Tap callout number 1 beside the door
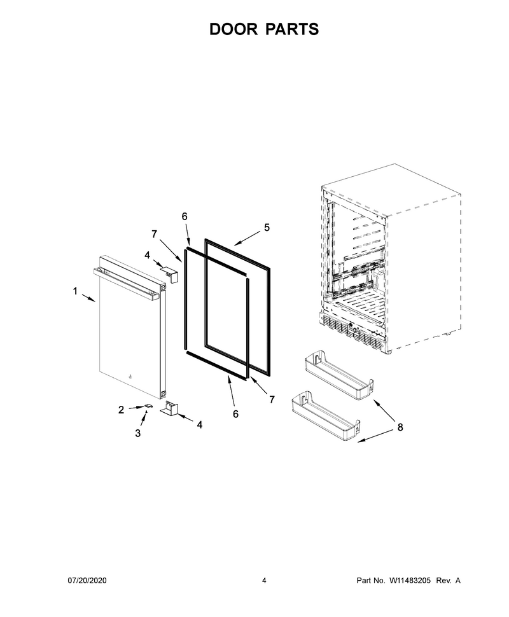[x=75, y=291]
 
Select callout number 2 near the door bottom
[x=122, y=410]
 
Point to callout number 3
[x=138, y=433]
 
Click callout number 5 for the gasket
[x=267, y=228]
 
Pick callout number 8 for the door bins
[x=400, y=427]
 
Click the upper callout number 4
[x=147, y=255]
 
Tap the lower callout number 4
[x=200, y=425]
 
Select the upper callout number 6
[x=185, y=216]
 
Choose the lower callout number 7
[x=272, y=399]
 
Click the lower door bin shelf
[x=326, y=417]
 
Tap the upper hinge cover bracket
[x=169, y=274]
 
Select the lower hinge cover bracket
[x=170, y=408]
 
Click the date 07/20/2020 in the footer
[x=87, y=580]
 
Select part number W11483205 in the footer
[x=410, y=580]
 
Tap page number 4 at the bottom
[x=264, y=580]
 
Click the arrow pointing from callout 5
[x=248, y=239]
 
